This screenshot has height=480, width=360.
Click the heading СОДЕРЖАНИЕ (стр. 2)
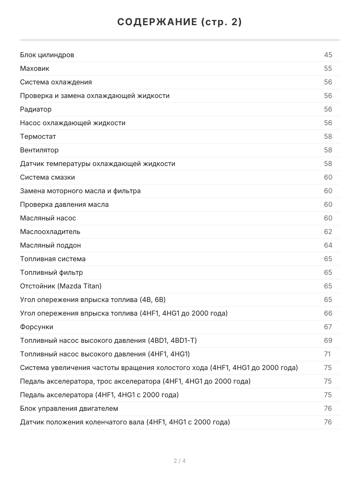[180, 22]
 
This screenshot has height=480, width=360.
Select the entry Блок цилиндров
[47, 55]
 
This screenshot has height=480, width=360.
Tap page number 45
[328, 55]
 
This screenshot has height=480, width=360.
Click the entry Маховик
[35, 68]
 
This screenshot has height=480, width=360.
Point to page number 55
[328, 68]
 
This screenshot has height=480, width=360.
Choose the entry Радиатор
[36, 109]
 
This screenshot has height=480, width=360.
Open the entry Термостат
[38, 136]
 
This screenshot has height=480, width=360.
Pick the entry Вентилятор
[39, 150]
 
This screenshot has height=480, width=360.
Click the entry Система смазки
[47, 177]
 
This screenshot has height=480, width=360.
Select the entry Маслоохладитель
[50, 232]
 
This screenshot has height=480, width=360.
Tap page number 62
[328, 232]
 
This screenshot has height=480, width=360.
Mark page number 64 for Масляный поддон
[328, 245]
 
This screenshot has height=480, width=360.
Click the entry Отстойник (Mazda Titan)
[61, 286]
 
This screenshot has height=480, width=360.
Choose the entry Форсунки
[36, 327]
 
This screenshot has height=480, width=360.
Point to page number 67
[328, 327]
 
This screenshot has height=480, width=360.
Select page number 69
[328, 340]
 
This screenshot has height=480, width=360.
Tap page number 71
[328, 354]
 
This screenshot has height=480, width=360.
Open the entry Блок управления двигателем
[69, 408]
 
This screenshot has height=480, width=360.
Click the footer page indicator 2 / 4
[180, 461]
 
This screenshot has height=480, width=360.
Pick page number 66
[328, 313]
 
